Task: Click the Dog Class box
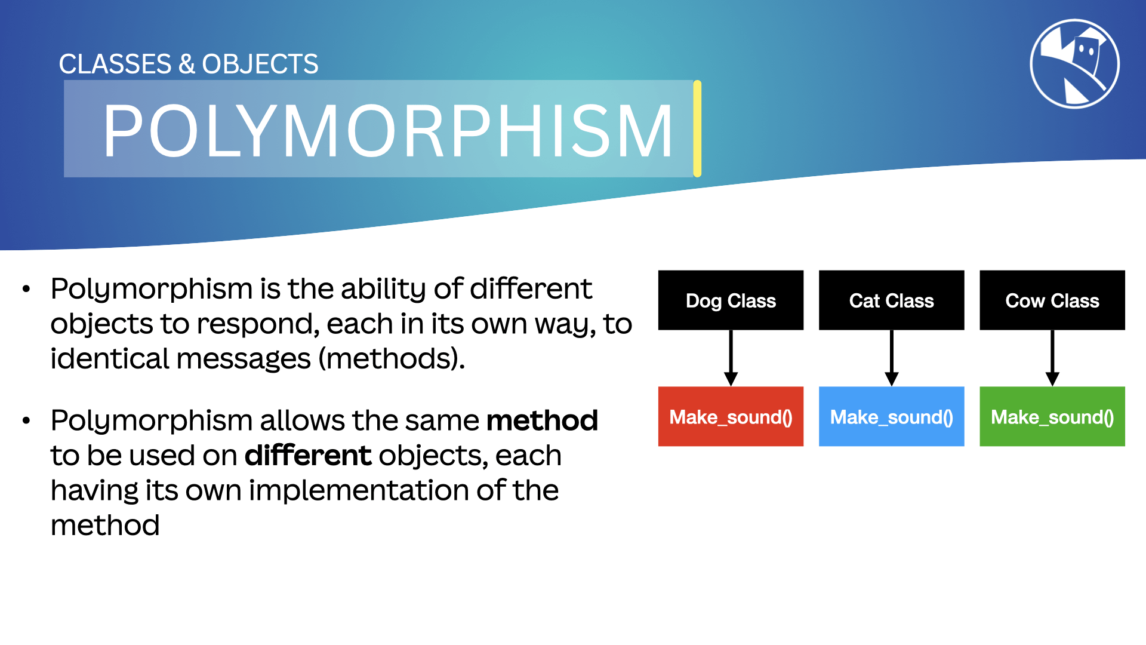[731, 300]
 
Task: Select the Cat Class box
[891, 300]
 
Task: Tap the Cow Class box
[1052, 300]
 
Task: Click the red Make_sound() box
[731, 416]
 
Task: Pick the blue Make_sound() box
[891, 416]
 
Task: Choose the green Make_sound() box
[1052, 416]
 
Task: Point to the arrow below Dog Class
[731, 358]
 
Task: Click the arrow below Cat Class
[891, 358]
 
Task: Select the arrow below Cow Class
[1052, 358]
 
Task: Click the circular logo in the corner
[1074, 64]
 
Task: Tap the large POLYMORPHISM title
[388, 130]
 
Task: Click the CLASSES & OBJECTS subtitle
[189, 64]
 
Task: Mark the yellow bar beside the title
[697, 128]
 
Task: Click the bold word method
[542, 420]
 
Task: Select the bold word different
[308, 456]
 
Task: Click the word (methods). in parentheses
[391, 359]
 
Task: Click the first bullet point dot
[26, 290]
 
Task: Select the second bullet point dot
[26, 421]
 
